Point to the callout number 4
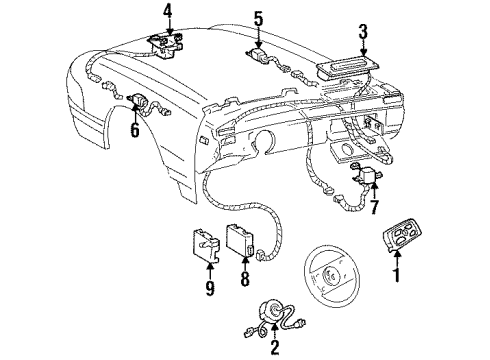169,14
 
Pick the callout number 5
258,18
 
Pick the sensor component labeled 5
260,56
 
